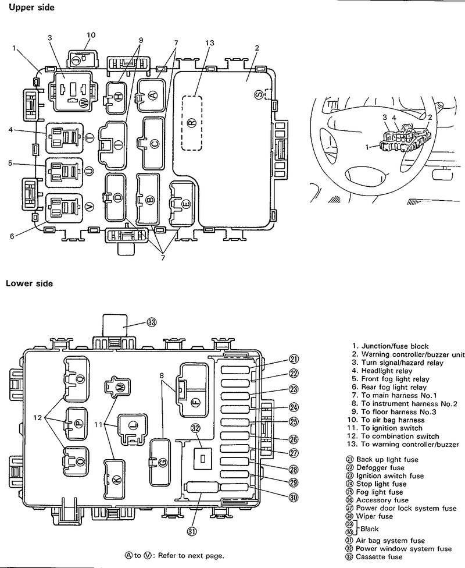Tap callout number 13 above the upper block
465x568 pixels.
pyautogui.click(x=210, y=43)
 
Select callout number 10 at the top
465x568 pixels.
pyautogui.click(x=90, y=34)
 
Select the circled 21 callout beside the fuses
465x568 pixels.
pyautogui.click(x=294, y=358)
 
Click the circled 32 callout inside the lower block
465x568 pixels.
pyautogui.click(x=195, y=429)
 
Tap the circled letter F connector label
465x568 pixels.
pyautogui.click(x=195, y=401)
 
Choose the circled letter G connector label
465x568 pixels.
pyautogui.click(x=162, y=462)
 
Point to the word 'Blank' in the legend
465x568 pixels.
pyautogui.click(x=370, y=529)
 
